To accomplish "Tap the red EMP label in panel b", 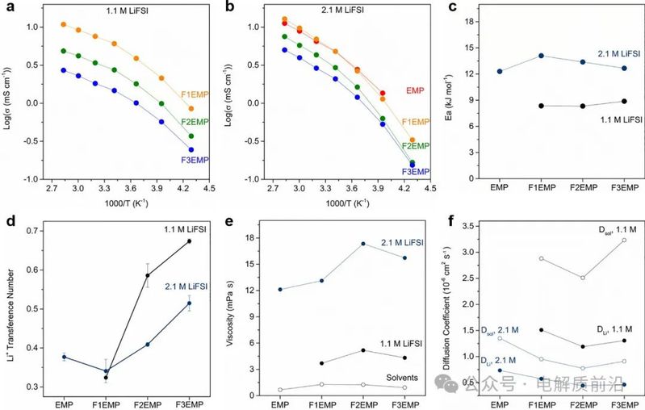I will pos(415,90).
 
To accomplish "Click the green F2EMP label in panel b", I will pos(415,146).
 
